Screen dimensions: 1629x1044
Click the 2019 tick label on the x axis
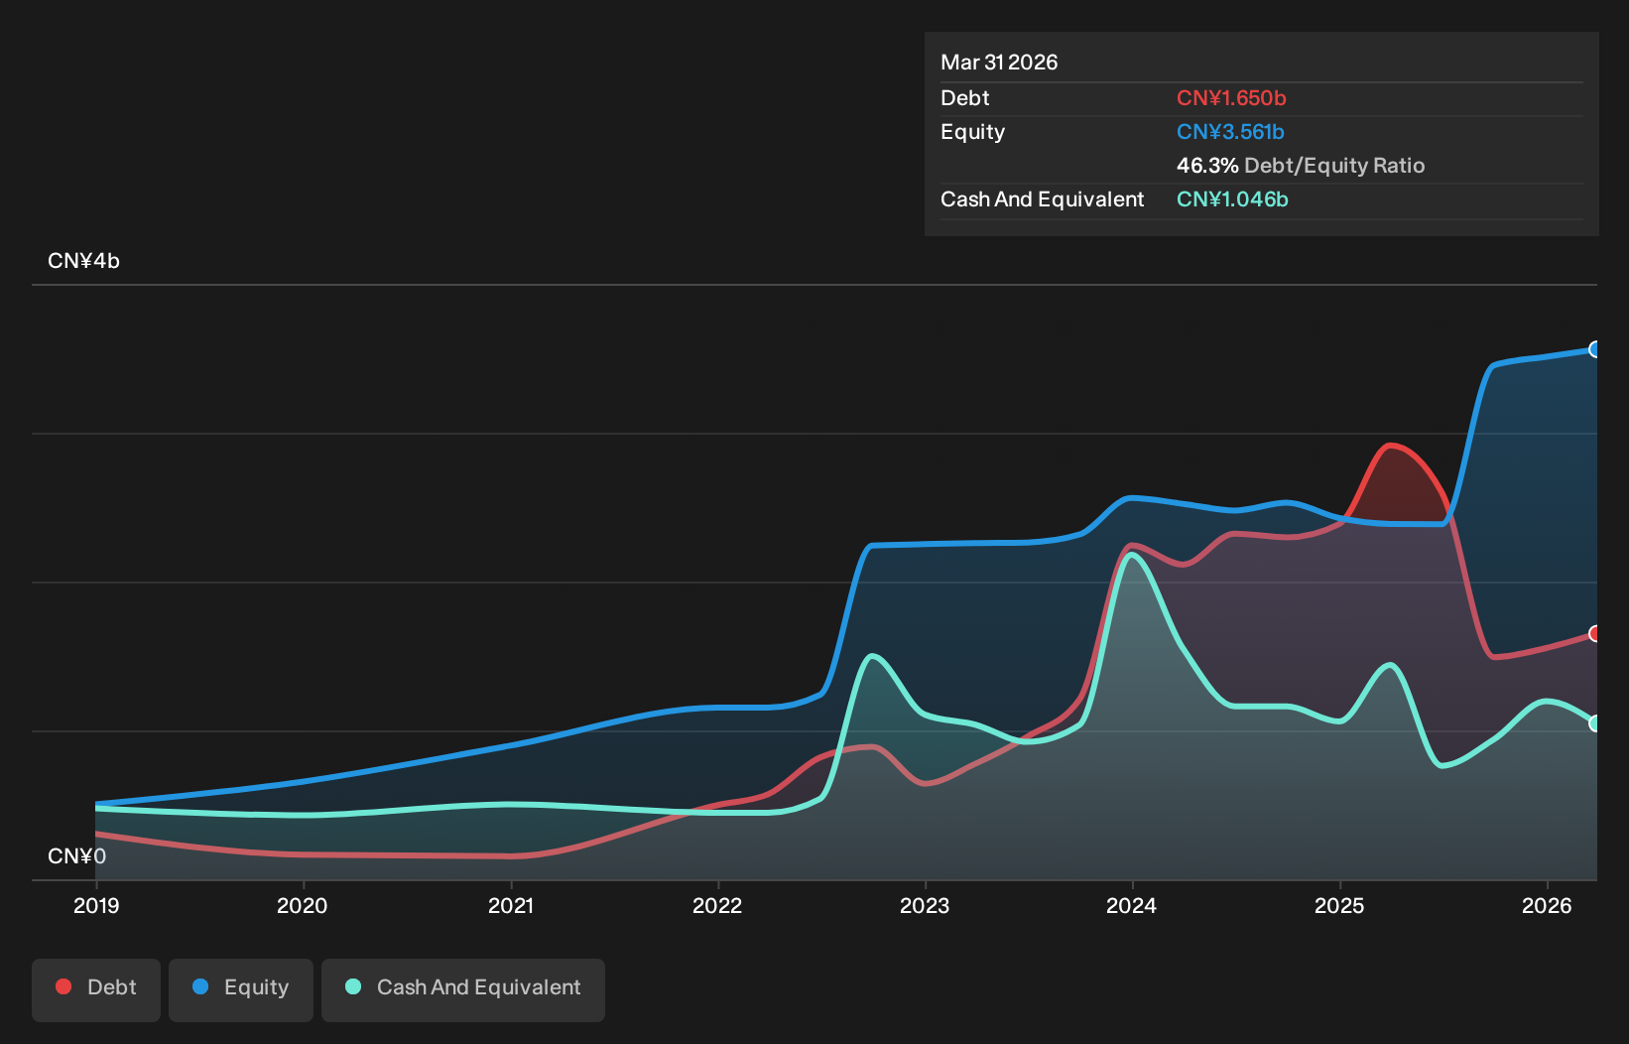(96, 905)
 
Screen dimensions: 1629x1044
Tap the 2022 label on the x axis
(717, 905)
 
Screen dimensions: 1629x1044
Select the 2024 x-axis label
(1132, 905)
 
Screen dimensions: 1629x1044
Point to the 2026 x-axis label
(1547, 905)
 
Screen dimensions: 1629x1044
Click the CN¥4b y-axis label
(83, 260)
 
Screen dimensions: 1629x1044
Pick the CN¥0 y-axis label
(77, 855)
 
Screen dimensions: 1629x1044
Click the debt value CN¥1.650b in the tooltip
(1231, 97)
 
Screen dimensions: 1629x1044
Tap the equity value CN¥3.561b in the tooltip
(1230, 132)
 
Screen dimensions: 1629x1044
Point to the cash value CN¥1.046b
(1232, 198)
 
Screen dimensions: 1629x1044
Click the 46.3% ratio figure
(1207, 165)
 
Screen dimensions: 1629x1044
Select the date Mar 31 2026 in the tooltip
(999, 62)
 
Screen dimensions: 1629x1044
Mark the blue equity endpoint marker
(1593, 350)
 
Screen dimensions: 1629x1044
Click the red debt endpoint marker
(1593, 634)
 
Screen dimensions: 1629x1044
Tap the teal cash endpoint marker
(1593, 723)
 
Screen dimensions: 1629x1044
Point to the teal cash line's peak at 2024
(1132, 555)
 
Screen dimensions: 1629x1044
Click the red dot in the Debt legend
(64, 986)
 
